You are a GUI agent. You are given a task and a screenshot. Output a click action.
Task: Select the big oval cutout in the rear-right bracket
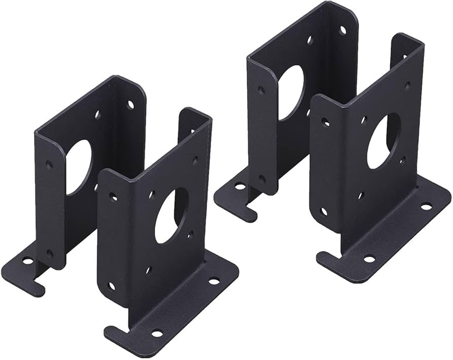(x=291, y=93)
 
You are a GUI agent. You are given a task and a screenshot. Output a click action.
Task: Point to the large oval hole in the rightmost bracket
(x=384, y=141)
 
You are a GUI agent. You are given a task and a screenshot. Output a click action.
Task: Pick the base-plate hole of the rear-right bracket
(x=240, y=187)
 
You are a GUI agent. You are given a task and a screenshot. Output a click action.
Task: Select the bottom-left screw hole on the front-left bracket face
(x=111, y=285)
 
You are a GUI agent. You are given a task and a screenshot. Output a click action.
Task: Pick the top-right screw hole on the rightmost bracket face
(x=407, y=86)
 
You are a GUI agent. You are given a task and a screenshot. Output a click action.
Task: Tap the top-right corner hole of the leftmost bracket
(x=131, y=105)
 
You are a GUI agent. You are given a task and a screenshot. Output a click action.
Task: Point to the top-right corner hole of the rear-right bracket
(x=343, y=30)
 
